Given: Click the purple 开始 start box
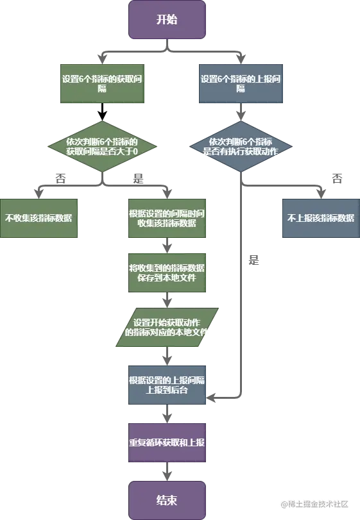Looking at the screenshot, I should pyautogui.click(x=167, y=19).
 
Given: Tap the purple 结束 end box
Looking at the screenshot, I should pyautogui.click(x=167, y=499).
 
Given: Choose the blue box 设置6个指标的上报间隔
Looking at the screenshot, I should pyautogui.click(x=241, y=84).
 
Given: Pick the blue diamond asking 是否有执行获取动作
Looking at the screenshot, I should pyautogui.click(x=241, y=146).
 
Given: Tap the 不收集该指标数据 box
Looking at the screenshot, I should pyautogui.click(x=39, y=217).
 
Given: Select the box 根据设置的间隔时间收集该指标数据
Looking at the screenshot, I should pyautogui.click(x=167, y=217).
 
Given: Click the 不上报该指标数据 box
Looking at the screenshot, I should pyautogui.click(x=321, y=217).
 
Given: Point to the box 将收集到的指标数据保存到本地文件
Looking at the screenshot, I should pyautogui.click(x=167, y=273).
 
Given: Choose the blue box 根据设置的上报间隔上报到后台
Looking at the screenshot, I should pyautogui.click(x=167, y=385).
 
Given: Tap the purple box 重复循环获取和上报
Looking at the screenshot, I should pyautogui.click(x=167, y=442).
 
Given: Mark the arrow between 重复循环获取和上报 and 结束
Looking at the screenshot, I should pyautogui.click(x=167, y=473).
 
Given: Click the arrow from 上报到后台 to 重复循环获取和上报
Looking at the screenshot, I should pyautogui.click(x=167, y=414).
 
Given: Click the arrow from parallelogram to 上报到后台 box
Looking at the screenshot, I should pyautogui.click(x=167, y=356).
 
